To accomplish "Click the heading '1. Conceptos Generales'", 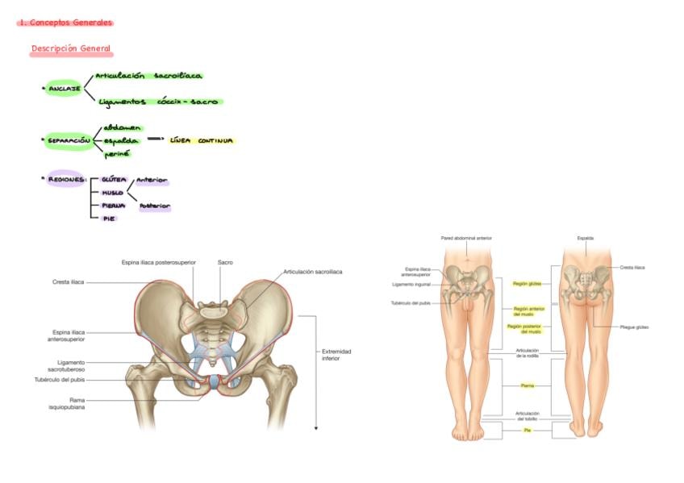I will click(x=65, y=23).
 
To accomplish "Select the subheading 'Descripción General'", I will click(x=70, y=49).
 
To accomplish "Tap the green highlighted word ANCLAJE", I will click(x=64, y=88).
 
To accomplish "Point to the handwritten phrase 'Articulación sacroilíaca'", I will click(x=148, y=76).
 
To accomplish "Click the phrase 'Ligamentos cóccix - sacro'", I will click(x=158, y=102).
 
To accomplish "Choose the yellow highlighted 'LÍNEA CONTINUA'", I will click(x=202, y=140).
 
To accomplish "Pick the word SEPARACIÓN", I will click(x=69, y=140).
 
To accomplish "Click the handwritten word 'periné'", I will click(x=116, y=154).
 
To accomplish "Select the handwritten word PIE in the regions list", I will click(x=107, y=219).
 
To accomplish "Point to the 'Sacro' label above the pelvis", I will click(x=225, y=262).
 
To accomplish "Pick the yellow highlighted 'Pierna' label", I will click(x=527, y=386).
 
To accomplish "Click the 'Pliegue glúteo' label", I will click(x=634, y=327).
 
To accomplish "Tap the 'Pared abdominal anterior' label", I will click(x=466, y=238).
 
